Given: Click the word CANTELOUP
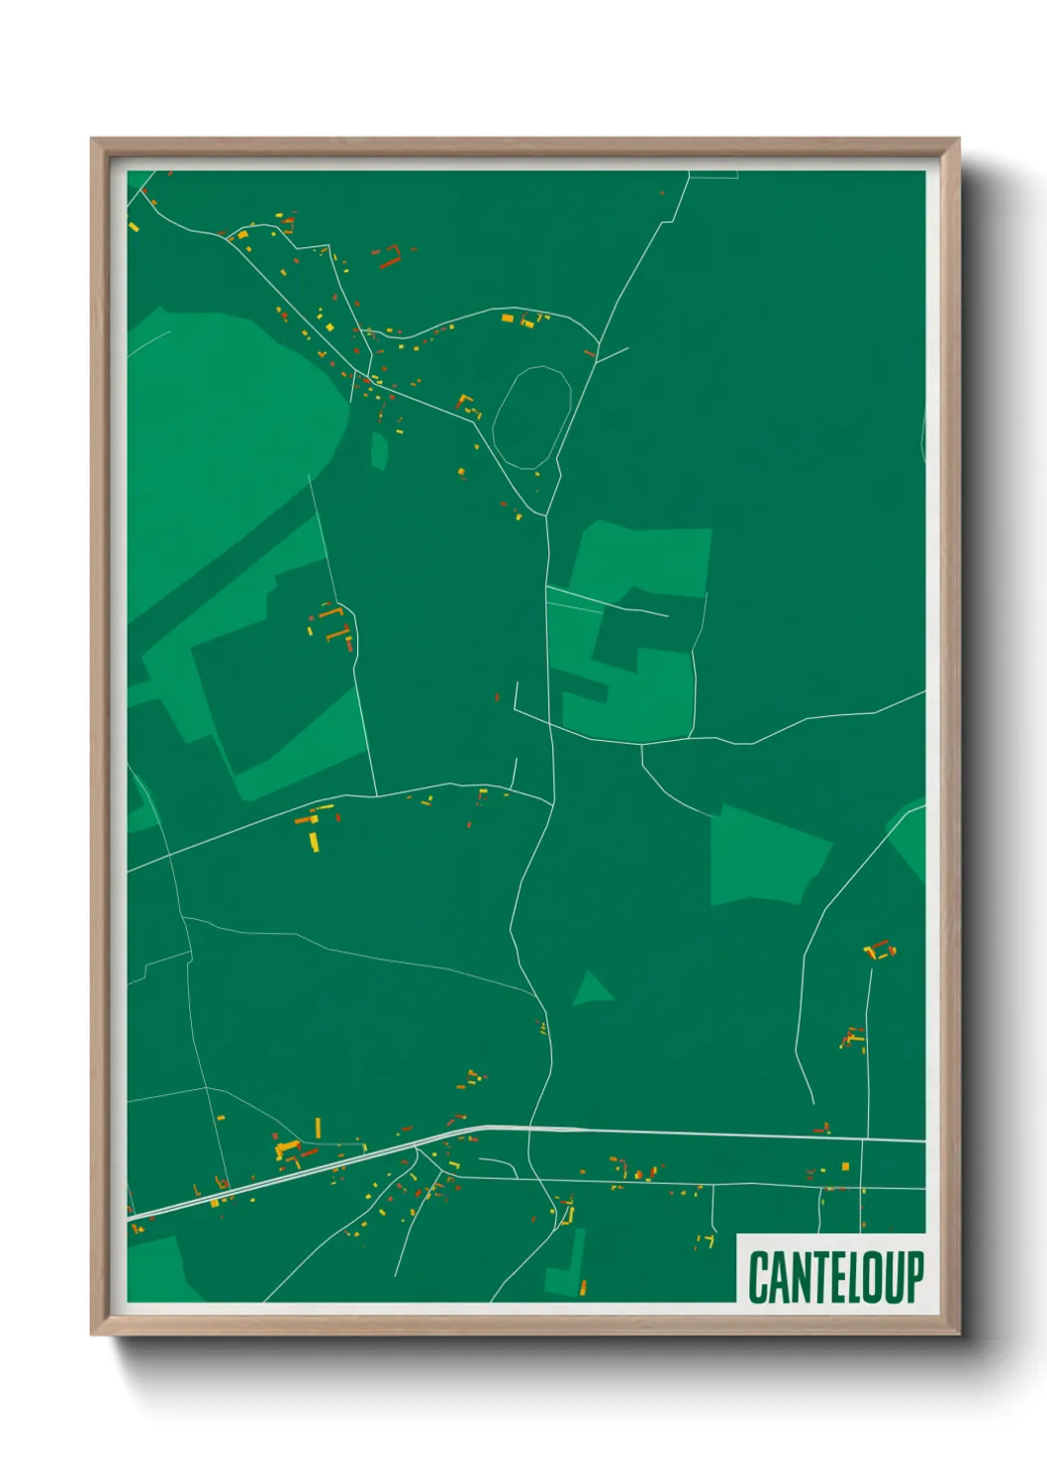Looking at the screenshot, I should [x=835, y=1277].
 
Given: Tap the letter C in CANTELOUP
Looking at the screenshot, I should [x=759, y=1277].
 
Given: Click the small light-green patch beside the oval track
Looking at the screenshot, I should [x=379, y=450].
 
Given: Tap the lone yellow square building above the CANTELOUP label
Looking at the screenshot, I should [x=845, y=1167].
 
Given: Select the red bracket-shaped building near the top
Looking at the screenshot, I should [x=389, y=258].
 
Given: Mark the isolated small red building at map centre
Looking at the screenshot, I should [x=497, y=697].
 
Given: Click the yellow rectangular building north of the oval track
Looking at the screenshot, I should [x=508, y=319].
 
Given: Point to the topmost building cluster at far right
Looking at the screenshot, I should [x=879, y=951].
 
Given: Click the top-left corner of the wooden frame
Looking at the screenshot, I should [x=93, y=140].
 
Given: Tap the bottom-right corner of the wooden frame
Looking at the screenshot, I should [x=958, y=1333].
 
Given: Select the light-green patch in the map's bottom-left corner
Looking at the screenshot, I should [x=158, y=1271].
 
